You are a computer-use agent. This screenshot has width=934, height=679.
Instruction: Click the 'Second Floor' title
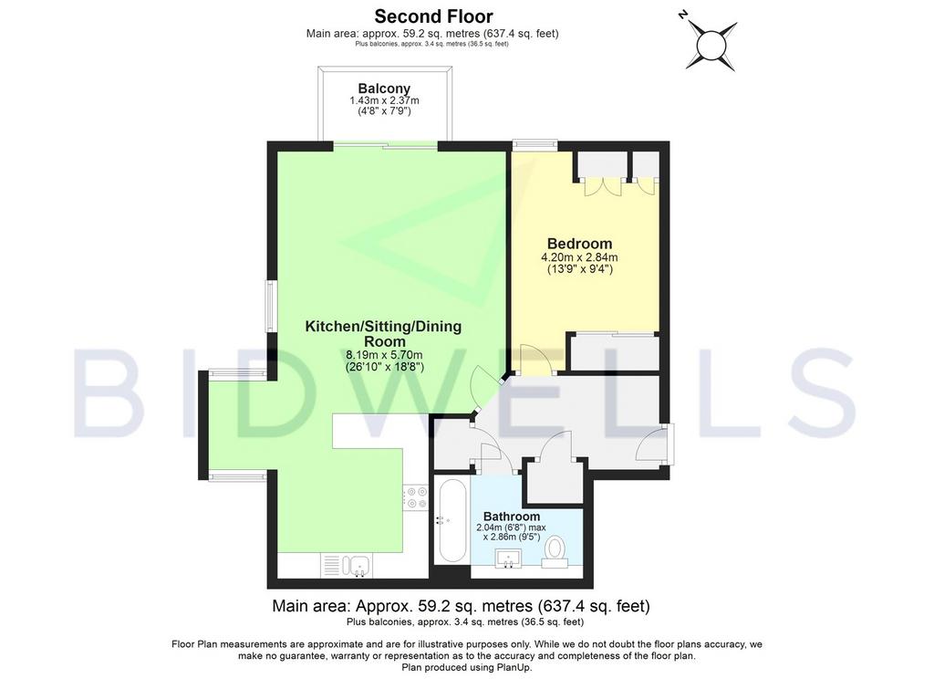click(433, 16)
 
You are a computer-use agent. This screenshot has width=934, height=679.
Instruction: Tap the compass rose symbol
click(711, 44)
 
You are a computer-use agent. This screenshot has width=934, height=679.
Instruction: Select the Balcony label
click(384, 89)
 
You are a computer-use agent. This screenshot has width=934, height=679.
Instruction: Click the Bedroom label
click(579, 244)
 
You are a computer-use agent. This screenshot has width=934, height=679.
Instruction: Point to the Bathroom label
click(511, 517)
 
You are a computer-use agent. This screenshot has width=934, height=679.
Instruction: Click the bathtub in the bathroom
click(451, 520)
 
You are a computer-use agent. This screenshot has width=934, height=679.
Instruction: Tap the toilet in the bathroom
click(555, 552)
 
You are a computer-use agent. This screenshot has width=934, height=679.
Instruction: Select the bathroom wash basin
click(507, 559)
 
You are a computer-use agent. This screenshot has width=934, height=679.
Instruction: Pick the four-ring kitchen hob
click(415, 497)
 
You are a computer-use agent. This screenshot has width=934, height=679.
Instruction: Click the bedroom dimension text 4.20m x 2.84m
click(579, 257)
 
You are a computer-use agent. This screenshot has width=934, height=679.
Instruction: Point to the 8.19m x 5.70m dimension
click(384, 355)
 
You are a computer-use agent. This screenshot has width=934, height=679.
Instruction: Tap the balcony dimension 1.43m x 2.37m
click(384, 100)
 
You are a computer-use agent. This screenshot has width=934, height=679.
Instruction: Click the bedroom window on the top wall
click(534, 143)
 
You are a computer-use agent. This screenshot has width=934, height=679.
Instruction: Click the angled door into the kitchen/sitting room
click(484, 389)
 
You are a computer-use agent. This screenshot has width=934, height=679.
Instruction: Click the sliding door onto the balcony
click(386, 143)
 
